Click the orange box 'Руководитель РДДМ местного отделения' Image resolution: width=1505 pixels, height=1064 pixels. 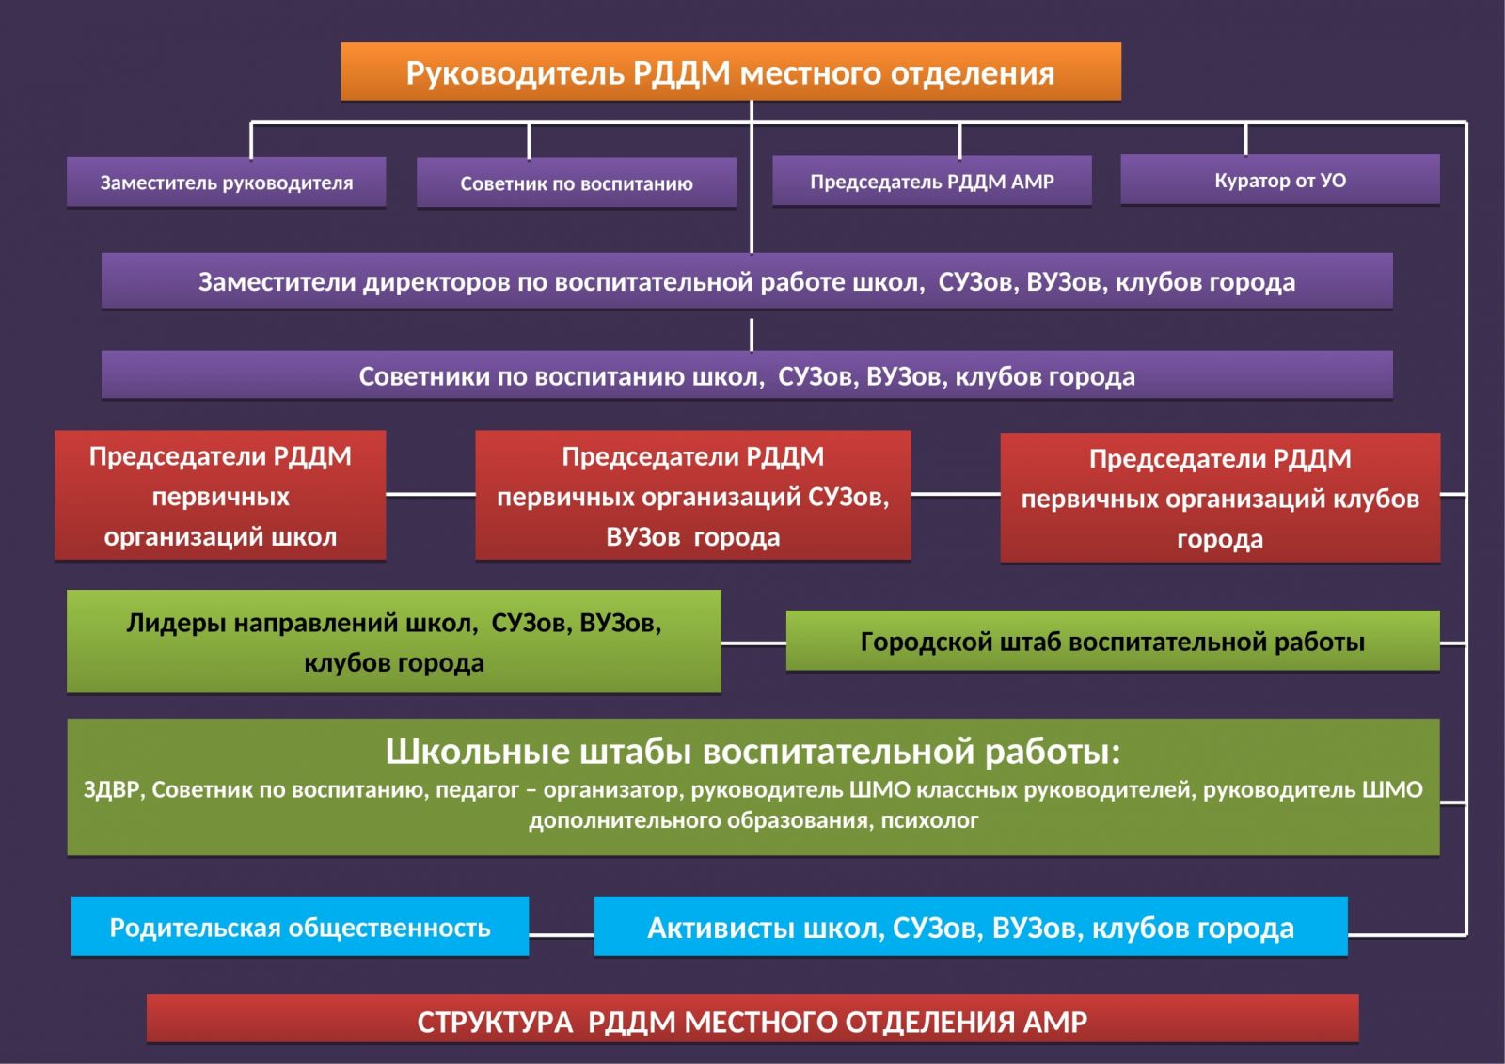point(730,71)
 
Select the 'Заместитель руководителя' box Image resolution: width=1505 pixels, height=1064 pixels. point(226,183)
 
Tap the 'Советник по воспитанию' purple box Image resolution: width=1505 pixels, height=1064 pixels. point(576,183)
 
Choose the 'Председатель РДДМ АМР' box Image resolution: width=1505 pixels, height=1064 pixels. point(931,181)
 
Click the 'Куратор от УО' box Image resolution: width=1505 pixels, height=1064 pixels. point(1279,180)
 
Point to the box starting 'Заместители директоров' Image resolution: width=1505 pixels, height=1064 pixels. point(746,281)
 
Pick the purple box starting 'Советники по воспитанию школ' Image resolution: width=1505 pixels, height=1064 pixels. point(746,376)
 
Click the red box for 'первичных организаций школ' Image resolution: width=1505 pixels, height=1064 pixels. point(220,496)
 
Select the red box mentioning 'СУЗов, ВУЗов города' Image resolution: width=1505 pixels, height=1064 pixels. point(692,496)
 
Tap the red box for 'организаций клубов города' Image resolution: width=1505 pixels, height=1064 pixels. point(1219,499)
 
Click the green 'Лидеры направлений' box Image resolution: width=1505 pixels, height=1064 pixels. point(393,642)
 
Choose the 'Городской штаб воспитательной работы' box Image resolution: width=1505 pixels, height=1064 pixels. point(1112,642)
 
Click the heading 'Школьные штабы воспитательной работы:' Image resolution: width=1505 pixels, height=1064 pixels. point(752,752)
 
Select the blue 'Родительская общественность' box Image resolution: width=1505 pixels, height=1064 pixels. point(299,928)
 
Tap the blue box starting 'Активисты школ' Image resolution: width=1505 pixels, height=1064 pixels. point(970,928)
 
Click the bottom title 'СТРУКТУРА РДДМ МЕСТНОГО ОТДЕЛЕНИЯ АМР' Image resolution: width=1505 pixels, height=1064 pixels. point(752,1021)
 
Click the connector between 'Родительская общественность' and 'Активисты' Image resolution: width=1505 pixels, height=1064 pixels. point(562,934)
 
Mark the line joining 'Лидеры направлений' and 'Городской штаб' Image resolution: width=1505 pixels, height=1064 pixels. point(753,643)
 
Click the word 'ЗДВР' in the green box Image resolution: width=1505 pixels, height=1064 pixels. point(111,790)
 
